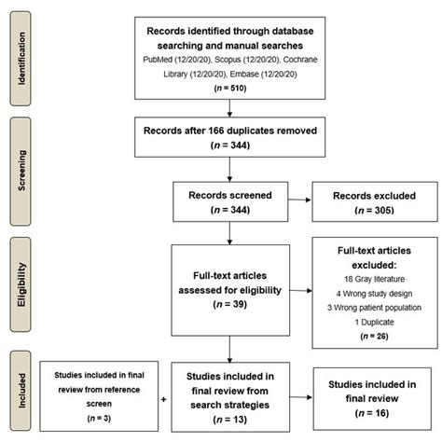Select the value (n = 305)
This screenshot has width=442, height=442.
click(x=361, y=214)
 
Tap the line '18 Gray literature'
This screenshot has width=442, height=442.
click(x=362, y=278)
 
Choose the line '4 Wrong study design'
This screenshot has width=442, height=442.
click(x=362, y=294)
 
